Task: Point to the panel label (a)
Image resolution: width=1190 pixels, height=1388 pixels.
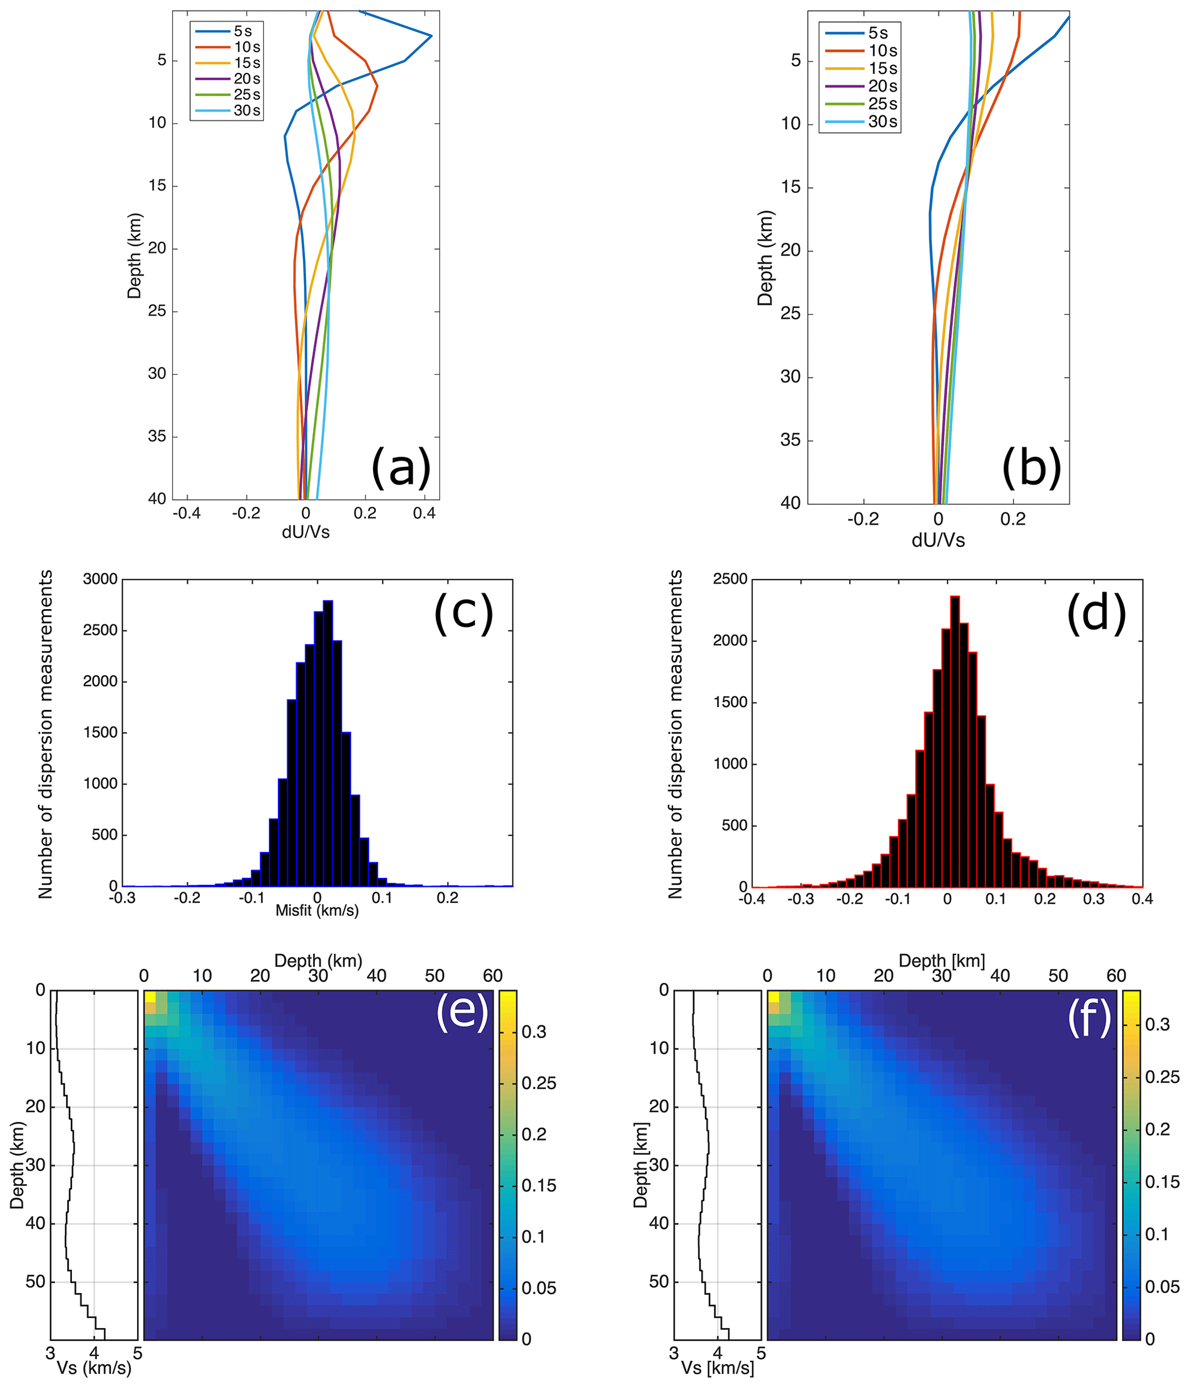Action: coord(401,467)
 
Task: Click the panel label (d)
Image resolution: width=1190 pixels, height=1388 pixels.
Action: coord(1096,613)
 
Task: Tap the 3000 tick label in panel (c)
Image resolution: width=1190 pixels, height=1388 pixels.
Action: coord(100,579)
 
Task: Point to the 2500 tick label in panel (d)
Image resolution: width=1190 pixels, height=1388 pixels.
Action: coord(729,579)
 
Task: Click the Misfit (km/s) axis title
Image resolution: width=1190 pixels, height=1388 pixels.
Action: coord(317,910)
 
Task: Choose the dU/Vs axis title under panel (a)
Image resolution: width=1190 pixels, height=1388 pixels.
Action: coord(306,532)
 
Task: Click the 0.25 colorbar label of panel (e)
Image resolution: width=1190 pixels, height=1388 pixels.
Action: coord(539,1083)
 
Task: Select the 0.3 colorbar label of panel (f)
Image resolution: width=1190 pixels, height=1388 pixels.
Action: coord(1157,1024)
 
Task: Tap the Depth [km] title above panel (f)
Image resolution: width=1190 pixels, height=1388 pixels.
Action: coord(941,961)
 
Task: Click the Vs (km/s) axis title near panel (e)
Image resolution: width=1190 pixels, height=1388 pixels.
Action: coord(94,1367)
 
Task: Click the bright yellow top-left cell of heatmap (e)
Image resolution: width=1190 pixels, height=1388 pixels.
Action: coord(150,996)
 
